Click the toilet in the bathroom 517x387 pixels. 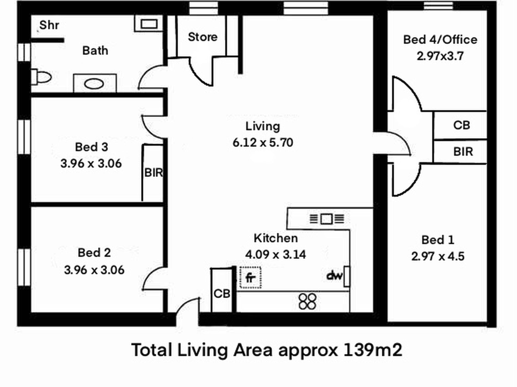[41, 77]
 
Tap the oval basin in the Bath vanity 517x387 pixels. [94, 84]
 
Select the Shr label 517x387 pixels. [49, 25]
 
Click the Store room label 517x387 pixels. [203, 37]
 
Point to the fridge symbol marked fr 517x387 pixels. [250, 277]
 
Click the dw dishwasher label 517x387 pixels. [334, 276]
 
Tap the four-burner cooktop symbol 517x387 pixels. [307, 301]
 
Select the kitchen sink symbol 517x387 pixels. [327, 219]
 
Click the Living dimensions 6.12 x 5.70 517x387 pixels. [263, 143]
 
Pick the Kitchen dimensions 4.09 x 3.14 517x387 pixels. [275, 254]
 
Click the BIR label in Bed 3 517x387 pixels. [153, 173]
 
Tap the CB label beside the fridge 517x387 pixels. [222, 294]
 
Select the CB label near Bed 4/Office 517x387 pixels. [462, 125]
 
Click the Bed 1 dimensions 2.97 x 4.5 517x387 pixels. [438, 256]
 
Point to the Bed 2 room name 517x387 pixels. [94, 253]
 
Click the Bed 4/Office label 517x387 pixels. [440, 40]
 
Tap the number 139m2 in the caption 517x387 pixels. [373, 350]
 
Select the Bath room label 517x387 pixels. [95, 51]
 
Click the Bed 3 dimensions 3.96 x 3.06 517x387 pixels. [91, 164]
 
